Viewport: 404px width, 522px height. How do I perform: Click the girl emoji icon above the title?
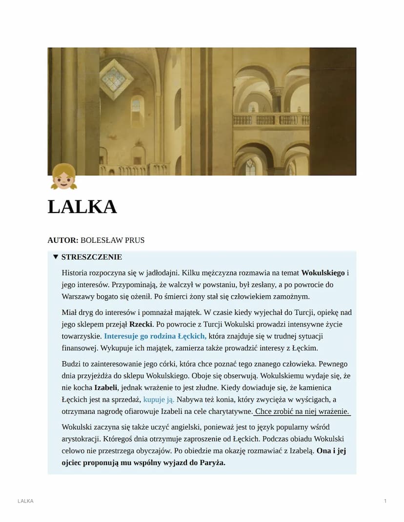(64, 176)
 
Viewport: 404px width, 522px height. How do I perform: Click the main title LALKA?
(82, 207)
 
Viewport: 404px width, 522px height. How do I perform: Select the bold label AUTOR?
(62, 240)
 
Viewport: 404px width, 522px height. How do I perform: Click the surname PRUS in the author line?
(135, 240)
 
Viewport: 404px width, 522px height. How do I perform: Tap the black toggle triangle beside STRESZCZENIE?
(56, 257)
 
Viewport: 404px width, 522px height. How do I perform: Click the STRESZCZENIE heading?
(91, 257)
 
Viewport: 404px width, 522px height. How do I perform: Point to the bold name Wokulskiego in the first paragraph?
(323, 273)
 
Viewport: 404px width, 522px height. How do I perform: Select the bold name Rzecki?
(141, 324)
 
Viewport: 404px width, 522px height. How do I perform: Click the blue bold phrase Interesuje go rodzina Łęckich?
(155, 336)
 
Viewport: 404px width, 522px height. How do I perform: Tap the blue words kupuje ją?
(159, 400)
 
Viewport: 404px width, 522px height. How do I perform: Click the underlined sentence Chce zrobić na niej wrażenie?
(303, 412)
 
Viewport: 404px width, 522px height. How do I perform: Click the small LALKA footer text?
(25, 501)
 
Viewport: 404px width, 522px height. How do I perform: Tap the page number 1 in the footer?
(385, 501)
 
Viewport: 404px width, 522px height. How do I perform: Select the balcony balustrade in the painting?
(271, 120)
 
